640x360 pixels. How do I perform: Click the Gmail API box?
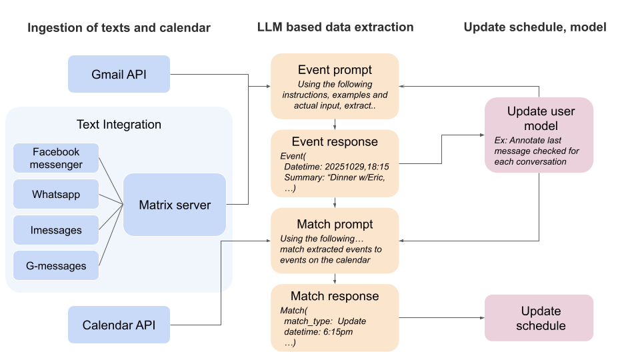(119, 74)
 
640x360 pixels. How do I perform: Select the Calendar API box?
(119, 325)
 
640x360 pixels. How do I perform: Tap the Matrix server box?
(175, 205)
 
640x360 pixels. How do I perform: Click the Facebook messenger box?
(56, 158)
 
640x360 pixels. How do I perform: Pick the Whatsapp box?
(56, 195)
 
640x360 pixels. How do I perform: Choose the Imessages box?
(56, 230)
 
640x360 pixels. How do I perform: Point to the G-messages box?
(56, 265)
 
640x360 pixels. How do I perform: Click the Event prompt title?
(335, 70)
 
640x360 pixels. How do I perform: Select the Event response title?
(335, 142)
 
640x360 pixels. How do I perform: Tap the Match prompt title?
(335, 224)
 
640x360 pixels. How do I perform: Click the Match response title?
(335, 296)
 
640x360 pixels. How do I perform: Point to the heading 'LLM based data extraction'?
(335, 27)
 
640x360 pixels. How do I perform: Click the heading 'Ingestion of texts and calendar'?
(119, 27)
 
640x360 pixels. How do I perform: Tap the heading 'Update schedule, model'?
(535, 27)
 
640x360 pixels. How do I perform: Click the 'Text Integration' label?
(119, 125)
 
